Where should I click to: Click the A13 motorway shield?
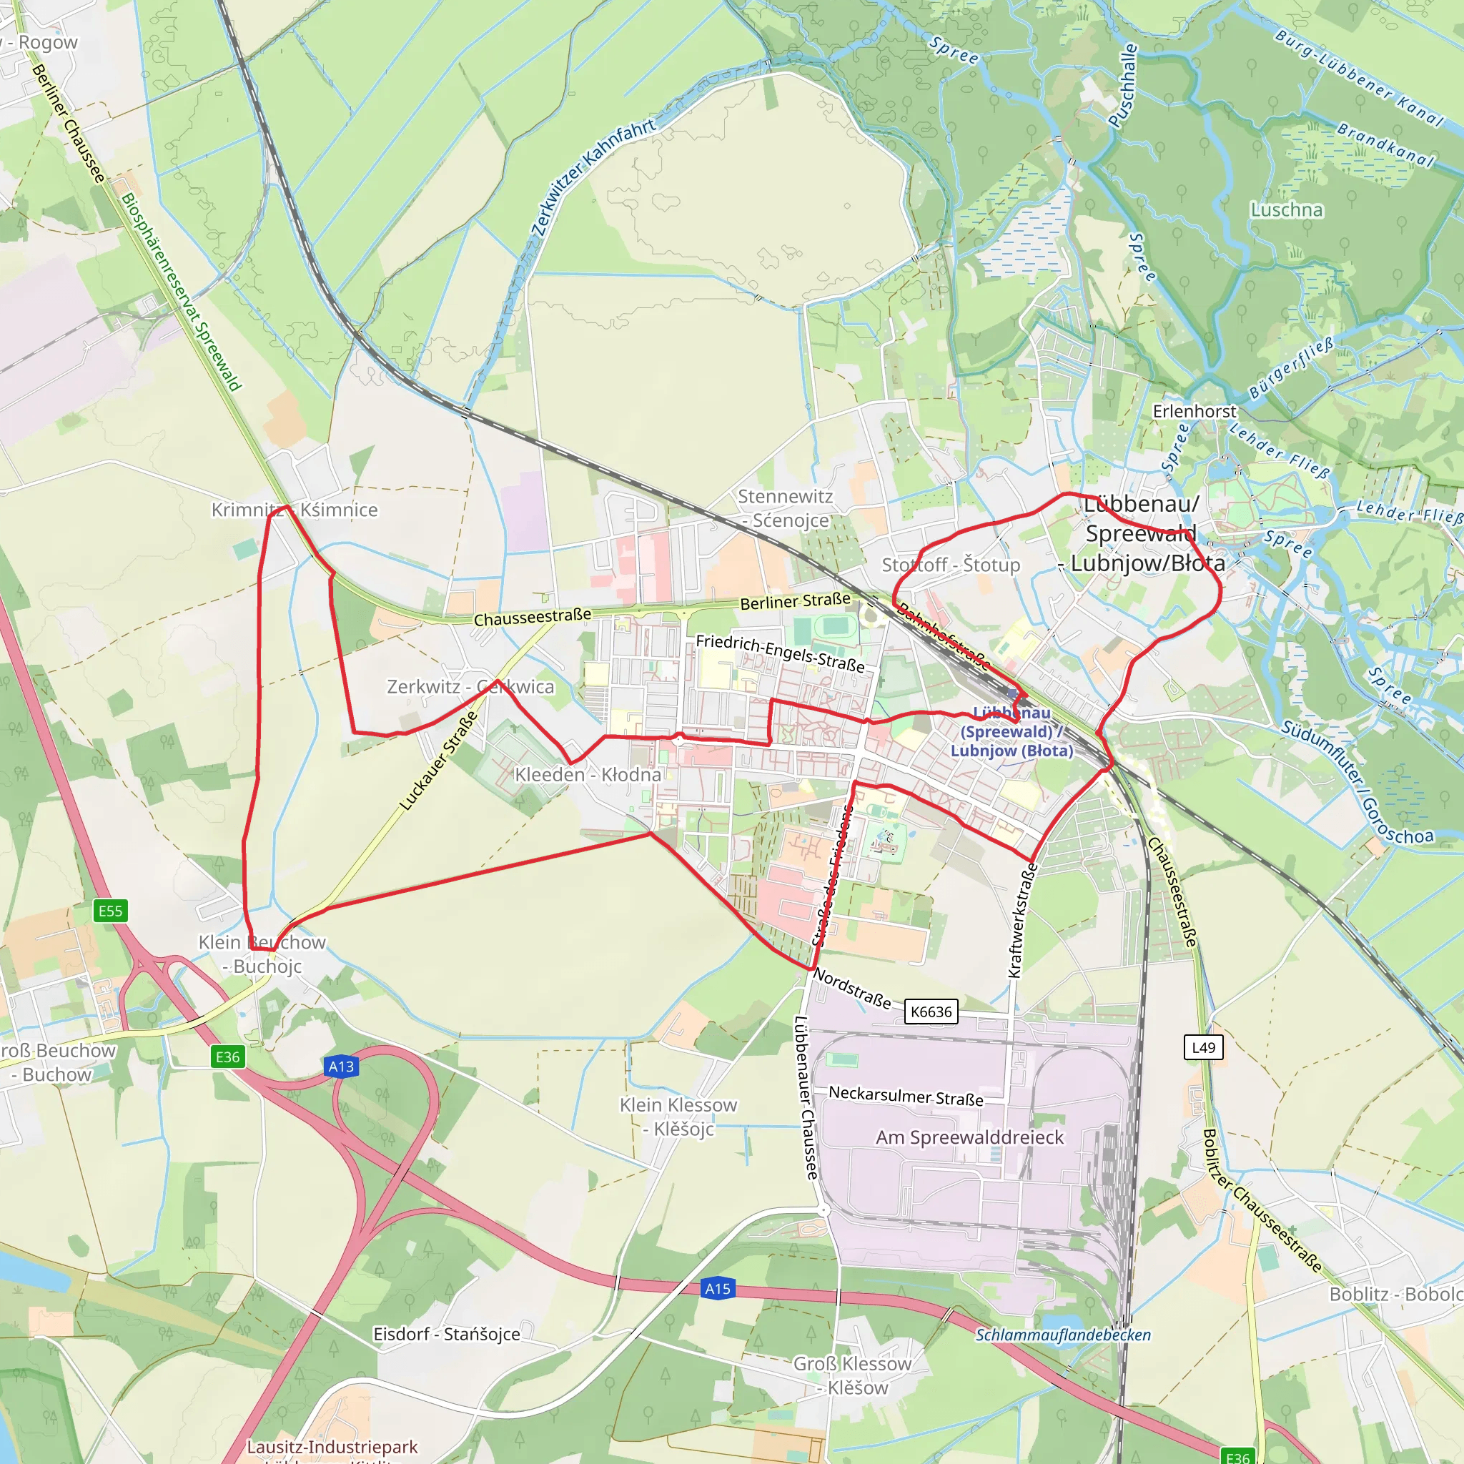341,1067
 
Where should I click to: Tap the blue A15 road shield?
718,1289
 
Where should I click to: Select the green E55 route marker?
111,911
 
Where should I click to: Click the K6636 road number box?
931,1012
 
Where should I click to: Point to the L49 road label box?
1203,1048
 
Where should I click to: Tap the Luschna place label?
1287,210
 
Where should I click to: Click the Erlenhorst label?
1195,411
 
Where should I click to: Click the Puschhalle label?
1123,85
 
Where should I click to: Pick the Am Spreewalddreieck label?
970,1137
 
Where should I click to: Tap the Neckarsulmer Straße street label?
906,1096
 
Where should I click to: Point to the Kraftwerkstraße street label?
1023,920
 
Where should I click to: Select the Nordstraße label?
853,988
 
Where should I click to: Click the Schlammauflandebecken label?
1062,1335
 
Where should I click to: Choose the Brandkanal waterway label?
1386,144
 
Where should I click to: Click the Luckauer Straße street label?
439,760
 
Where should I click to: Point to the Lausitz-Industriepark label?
332,1448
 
